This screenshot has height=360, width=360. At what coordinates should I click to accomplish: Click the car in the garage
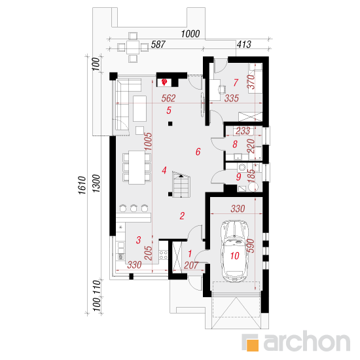point(234,251)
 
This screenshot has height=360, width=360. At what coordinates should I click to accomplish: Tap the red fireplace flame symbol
point(164,82)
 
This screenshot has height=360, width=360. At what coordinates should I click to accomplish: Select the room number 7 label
point(236,82)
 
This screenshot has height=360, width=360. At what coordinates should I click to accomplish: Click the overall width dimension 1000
point(190,34)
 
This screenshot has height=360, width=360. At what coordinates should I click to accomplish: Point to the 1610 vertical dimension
point(82,185)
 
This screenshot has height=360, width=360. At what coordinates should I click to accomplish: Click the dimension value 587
point(158,45)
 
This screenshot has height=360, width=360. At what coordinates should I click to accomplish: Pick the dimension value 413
point(244,45)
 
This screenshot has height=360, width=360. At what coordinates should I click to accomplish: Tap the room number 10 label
point(235,255)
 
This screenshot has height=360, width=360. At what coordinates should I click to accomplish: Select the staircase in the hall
point(181,185)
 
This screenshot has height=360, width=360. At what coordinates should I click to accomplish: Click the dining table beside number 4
point(137,167)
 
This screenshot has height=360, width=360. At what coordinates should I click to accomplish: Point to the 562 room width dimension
point(168,98)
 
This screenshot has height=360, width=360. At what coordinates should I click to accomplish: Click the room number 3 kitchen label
point(138,240)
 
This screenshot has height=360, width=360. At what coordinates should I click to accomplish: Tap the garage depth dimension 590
point(251,245)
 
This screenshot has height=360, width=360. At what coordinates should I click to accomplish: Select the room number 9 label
point(239,177)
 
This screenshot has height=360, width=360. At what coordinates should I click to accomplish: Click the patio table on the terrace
point(133,47)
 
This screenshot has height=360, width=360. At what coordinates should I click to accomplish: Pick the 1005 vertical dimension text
point(149,141)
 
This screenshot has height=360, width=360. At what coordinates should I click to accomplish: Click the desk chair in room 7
point(223,89)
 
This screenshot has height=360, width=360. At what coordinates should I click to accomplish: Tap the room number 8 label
point(235,145)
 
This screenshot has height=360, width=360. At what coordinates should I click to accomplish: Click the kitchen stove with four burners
point(164,255)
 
